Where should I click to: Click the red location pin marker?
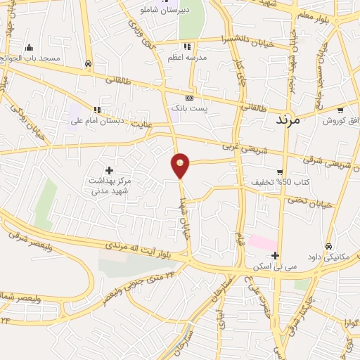[181, 165]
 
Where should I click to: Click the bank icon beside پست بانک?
[188, 98]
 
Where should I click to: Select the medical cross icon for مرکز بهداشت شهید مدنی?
[110, 169]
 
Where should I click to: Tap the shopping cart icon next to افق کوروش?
[340, 110]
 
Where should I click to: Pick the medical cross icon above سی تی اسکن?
[275, 255]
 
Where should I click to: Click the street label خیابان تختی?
[307, 200]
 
